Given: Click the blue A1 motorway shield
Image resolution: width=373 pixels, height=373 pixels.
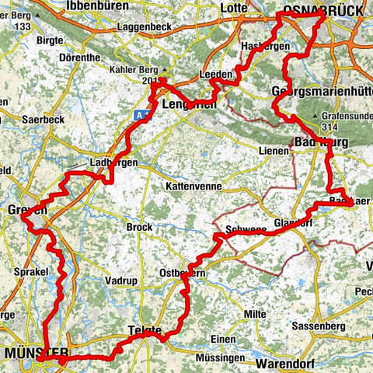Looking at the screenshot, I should pos(139,113).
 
